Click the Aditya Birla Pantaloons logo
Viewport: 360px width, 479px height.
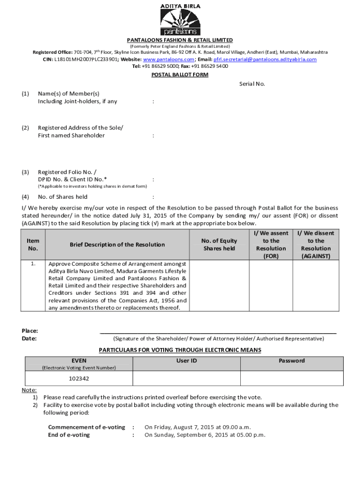(180, 20)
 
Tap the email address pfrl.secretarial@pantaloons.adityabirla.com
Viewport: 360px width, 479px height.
(265, 59)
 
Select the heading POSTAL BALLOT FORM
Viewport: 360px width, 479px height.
(180, 75)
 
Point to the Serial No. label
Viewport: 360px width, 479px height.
(252, 84)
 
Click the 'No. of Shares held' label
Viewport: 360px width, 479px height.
(63, 197)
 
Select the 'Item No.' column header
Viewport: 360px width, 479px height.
(33, 245)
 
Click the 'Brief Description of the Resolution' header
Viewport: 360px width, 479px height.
(117, 245)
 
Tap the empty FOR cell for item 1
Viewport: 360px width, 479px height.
(271, 285)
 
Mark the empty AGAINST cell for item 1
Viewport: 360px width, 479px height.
(316, 285)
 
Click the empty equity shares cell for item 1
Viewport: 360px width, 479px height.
(219, 285)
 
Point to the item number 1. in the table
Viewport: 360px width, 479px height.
(33, 264)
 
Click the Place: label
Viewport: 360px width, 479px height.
(30, 331)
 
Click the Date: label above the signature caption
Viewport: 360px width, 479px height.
(29, 339)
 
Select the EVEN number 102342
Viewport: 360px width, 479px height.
(79, 378)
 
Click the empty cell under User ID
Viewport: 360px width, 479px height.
(187, 378)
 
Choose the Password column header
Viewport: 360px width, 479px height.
(292, 361)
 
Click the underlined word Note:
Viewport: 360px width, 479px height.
(29, 390)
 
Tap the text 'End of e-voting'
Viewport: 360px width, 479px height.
(69, 435)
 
